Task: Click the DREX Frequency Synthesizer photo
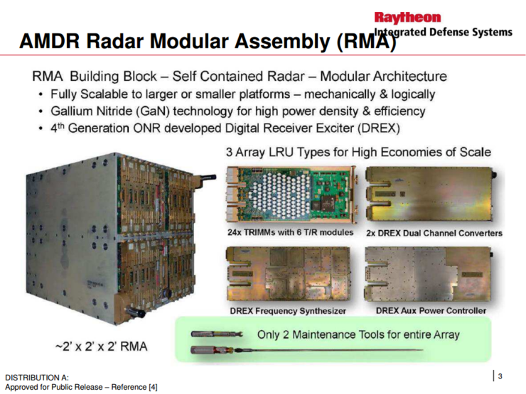coord(290,275)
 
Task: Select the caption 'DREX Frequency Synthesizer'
coord(288,310)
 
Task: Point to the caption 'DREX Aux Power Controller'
coord(431,310)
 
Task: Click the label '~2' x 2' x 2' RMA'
coord(106,348)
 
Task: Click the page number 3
coord(500,376)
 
